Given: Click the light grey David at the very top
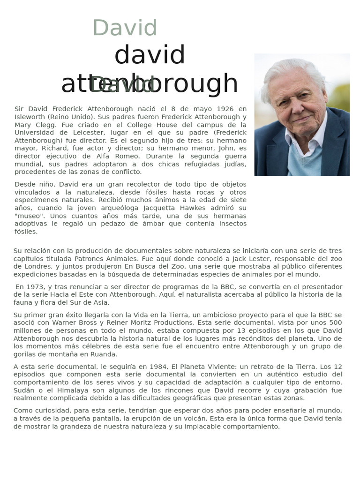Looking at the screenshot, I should (125, 28).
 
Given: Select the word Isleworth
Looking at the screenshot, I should (30, 117).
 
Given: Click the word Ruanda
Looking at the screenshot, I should (105, 354).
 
